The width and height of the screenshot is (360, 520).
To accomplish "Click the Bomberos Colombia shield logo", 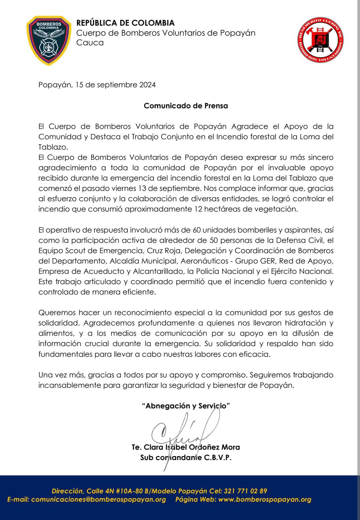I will coord(49,40).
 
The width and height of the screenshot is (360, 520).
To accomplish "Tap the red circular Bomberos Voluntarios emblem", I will coord(320,40).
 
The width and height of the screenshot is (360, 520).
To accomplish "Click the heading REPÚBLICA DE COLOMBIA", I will coord(126,23).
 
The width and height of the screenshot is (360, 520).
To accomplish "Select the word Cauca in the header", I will coord(90,43).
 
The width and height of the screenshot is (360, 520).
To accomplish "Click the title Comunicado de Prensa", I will coord(186,106).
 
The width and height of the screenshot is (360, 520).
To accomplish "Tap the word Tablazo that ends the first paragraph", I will coord(53,147).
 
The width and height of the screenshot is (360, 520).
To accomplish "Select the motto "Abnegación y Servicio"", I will coord(186,406).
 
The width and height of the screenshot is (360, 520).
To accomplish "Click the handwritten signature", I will coord(180,433).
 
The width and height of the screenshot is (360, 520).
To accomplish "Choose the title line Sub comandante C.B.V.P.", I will coord(186,457).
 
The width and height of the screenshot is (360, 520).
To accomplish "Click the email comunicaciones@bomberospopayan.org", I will coord(98,499).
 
